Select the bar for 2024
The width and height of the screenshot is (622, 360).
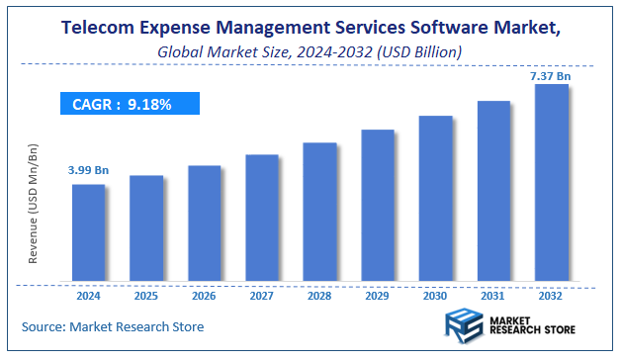pyautogui.click(x=88, y=232)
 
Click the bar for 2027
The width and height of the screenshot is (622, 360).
pyautogui.click(x=261, y=218)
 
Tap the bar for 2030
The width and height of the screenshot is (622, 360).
pyautogui.click(x=435, y=198)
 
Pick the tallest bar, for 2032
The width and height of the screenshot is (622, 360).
pyautogui.click(x=551, y=183)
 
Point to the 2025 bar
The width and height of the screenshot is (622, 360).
pyautogui.click(x=145, y=228)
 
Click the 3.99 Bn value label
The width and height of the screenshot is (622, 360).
pyautogui.click(x=88, y=171)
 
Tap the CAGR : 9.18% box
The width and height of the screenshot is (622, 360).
pyautogui.click(x=129, y=104)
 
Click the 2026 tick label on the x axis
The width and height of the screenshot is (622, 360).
pyautogui.click(x=204, y=295)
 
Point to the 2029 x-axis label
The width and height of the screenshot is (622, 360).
pyautogui.click(x=377, y=295)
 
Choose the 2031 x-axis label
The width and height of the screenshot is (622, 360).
pyautogui.click(x=492, y=295)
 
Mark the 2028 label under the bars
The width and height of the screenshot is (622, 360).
pyautogui.click(x=319, y=295)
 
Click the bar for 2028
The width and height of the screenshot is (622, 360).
pyautogui.click(x=319, y=212)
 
